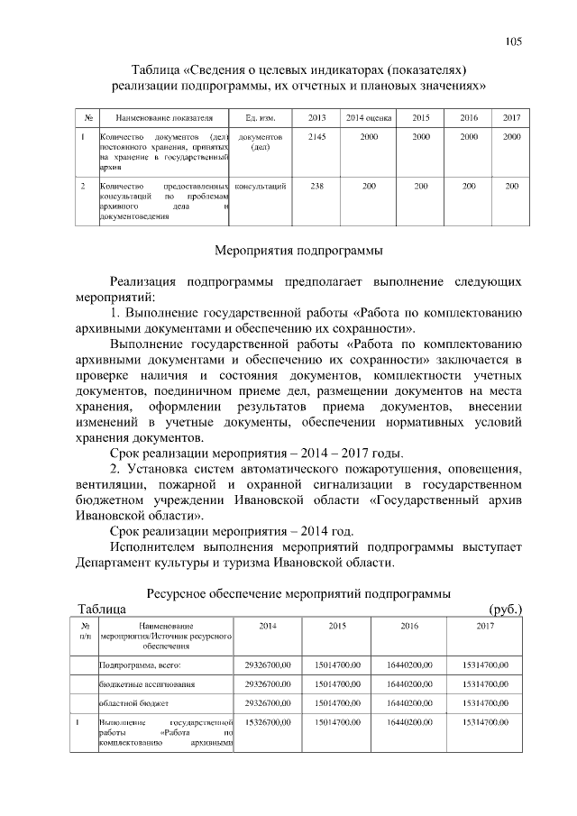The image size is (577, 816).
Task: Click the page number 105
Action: pyautogui.click(x=514, y=41)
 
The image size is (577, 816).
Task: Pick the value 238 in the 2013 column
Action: pyautogui.click(x=317, y=186)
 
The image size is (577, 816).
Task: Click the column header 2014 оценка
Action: pyautogui.click(x=369, y=118)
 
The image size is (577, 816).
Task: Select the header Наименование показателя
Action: pyautogui.click(x=159, y=118)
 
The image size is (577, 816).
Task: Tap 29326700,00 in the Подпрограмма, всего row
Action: pyautogui.click(x=268, y=665)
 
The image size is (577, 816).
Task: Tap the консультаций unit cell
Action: pyautogui.click(x=260, y=186)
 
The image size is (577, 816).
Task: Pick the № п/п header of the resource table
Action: pyautogui.click(x=83, y=630)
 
